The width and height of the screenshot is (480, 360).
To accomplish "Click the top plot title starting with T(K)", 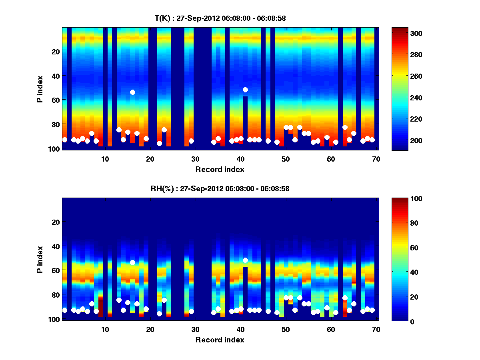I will coord(220,18).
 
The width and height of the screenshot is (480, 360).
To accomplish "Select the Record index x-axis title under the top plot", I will coord(220,170).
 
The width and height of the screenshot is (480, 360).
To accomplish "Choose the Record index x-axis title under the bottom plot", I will coord(220,340).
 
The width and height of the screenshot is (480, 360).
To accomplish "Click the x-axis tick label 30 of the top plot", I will coord(195,159).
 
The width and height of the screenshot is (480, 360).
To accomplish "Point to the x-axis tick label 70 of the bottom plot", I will coord(376,329).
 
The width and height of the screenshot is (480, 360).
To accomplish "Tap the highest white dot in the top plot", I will coord(245,90).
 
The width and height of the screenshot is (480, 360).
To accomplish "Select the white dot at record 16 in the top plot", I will coord(132,92).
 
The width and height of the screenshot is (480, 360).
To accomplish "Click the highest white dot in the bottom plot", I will coord(245,260).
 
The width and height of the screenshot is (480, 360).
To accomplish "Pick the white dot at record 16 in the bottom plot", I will coord(132,262).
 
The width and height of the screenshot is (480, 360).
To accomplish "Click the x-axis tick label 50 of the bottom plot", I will coord(286,329).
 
